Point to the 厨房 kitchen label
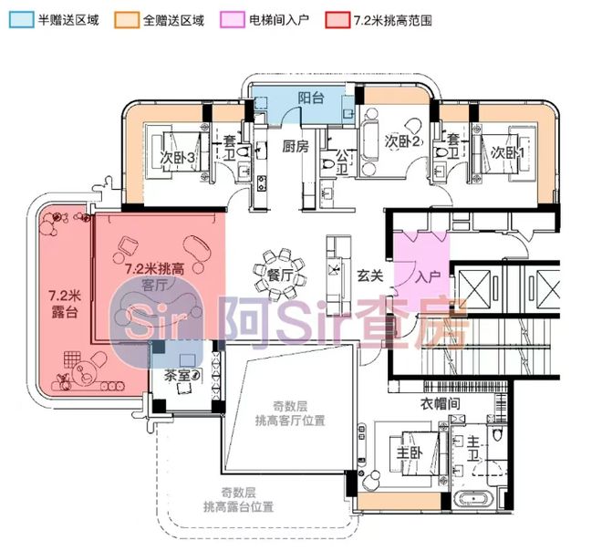[295, 146]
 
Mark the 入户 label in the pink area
[429, 275]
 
